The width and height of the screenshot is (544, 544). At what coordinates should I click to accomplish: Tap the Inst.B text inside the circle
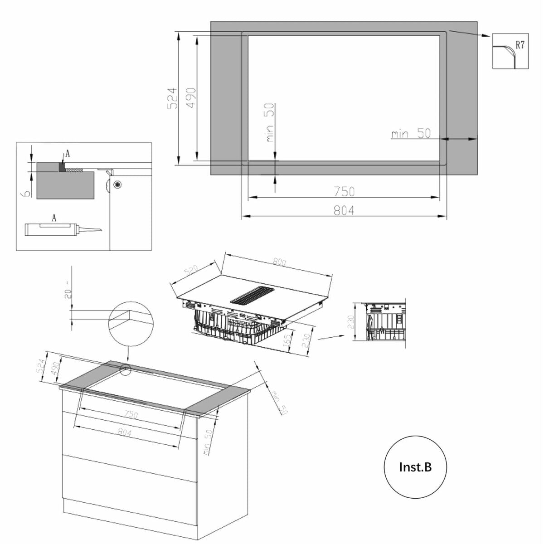(x=415, y=467)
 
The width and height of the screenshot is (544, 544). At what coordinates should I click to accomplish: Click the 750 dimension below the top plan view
(x=344, y=192)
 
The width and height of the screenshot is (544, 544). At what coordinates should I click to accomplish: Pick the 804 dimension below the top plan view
(x=344, y=210)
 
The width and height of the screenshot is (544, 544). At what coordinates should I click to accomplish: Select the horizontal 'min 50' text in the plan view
(x=411, y=134)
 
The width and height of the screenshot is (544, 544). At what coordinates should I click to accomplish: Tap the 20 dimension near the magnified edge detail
(x=67, y=292)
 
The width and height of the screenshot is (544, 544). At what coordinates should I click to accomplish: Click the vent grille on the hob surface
(x=253, y=295)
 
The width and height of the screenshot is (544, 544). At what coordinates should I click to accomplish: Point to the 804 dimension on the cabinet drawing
(x=124, y=432)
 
